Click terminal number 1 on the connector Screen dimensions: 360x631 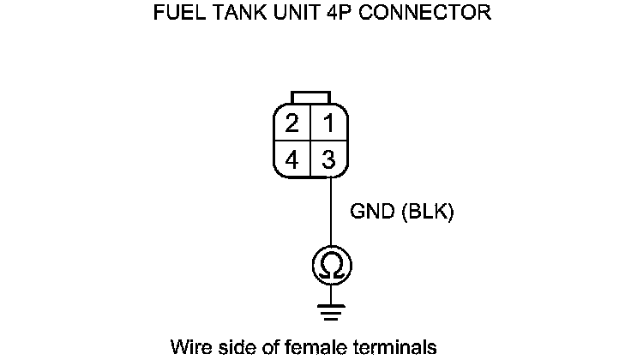[328, 123]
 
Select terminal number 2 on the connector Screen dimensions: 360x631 [293, 123]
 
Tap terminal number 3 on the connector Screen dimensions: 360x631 [328, 159]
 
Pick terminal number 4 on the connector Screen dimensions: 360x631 [293, 159]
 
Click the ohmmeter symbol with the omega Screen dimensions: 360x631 [330, 265]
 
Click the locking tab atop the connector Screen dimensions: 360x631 [310, 95]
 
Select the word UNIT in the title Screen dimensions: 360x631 [279, 15]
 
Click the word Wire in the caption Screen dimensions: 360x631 [189, 347]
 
